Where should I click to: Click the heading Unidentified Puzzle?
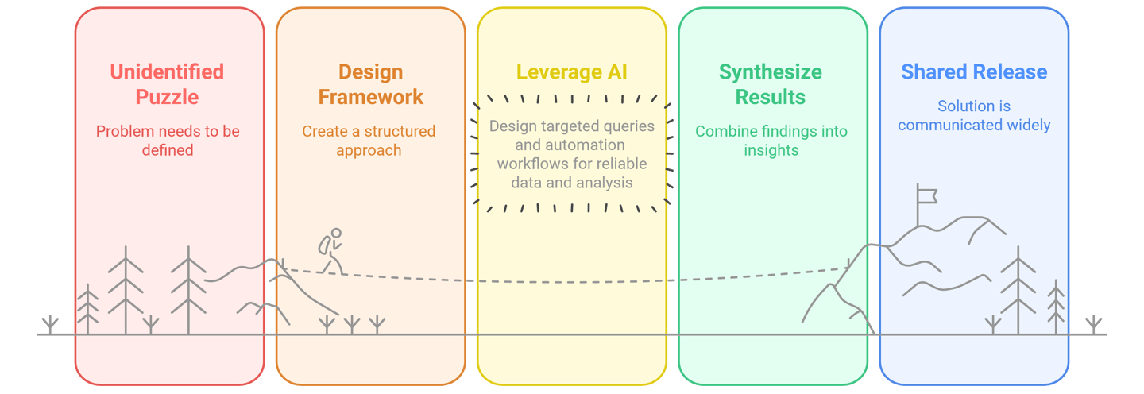pyautogui.click(x=167, y=84)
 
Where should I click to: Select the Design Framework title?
pyautogui.click(x=370, y=84)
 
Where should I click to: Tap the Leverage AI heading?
pyautogui.click(x=571, y=71)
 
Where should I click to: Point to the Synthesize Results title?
pyautogui.click(x=771, y=84)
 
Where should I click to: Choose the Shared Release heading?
pyautogui.click(x=974, y=71)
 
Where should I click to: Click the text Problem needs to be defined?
pyautogui.click(x=168, y=140)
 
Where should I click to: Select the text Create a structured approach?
pyautogui.click(x=369, y=140)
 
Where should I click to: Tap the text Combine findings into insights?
pyautogui.click(x=771, y=140)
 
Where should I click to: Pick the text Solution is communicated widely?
pyautogui.click(x=974, y=115)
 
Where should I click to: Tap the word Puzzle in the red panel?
pyautogui.click(x=167, y=97)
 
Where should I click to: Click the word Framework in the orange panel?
pyautogui.click(x=370, y=97)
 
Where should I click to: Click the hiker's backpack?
pyautogui.click(x=324, y=245)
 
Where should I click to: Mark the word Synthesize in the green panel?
pyautogui.click(x=771, y=71)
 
